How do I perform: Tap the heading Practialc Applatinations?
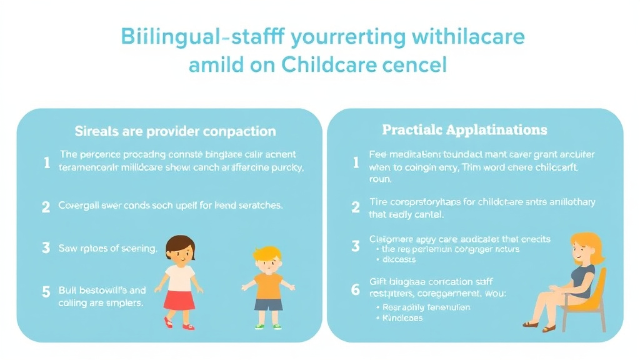click(x=464, y=130)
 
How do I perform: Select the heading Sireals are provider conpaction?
click(x=175, y=131)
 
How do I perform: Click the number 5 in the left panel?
click(x=46, y=291)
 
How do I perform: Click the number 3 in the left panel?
click(x=46, y=247)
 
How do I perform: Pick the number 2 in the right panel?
click(x=356, y=207)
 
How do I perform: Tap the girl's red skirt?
click(x=179, y=297)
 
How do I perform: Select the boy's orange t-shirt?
click(x=268, y=284)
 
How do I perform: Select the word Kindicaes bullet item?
click(x=402, y=318)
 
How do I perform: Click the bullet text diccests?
click(x=401, y=259)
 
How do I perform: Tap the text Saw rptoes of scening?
click(x=108, y=248)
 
